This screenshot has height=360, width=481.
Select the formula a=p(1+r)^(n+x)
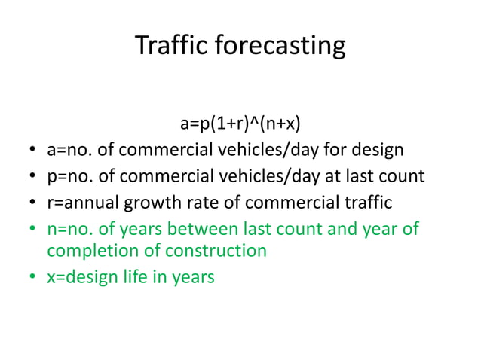pos(240,123)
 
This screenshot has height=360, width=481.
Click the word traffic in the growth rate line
pos(366,202)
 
